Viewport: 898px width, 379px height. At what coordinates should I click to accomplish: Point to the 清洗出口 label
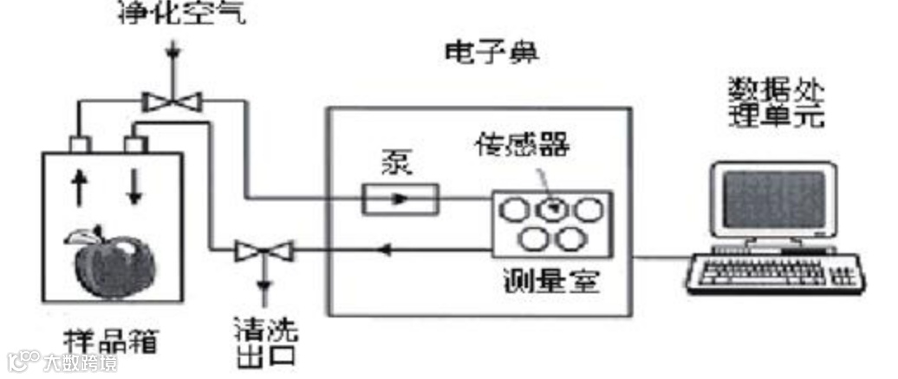pyautogui.click(x=265, y=341)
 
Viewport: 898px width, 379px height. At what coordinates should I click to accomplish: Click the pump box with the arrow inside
pyautogui.click(x=400, y=199)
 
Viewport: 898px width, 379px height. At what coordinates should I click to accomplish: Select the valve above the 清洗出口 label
pyautogui.click(x=264, y=252)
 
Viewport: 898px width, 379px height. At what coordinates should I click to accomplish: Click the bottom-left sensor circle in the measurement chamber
pyautogui.click(x=532, y=239)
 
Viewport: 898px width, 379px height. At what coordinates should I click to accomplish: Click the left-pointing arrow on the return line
pyautogui.click(x=385, y=252)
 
